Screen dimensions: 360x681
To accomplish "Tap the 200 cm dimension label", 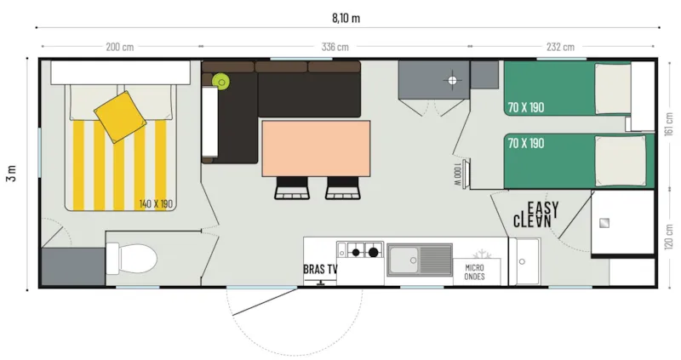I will tap(119, 47).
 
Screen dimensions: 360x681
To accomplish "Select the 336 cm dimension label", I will tap(335, 47).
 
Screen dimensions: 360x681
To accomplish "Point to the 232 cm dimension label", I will tap(560, 47).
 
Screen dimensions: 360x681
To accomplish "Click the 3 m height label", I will tap(10, 174).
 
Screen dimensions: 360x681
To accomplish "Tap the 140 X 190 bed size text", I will tap(156, 204).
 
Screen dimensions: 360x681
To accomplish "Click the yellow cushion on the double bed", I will tap(117, 116).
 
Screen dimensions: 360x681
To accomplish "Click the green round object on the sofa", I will tap(222, 82).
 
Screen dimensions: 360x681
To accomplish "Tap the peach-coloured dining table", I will tap(317, 148).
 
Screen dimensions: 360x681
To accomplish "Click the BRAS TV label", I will tap(320, 270).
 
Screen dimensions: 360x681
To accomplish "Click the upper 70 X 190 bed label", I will tap(524, 108).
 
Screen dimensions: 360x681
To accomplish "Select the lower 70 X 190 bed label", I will tap(524, 143).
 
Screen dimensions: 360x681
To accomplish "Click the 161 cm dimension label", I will tap(669, 124).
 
